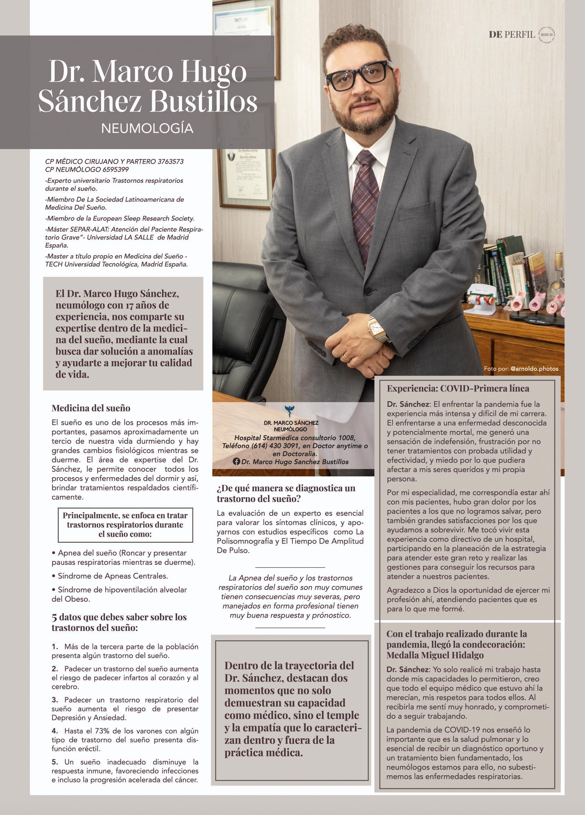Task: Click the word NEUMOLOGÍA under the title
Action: point(147,128)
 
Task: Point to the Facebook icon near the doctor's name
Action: point(236,462)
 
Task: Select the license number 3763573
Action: point(171,162)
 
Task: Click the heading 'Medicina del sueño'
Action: point(91,408)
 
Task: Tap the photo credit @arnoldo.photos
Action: point(535,369)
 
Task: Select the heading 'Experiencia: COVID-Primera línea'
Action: point(458,388)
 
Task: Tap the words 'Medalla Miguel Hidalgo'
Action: point(435,655)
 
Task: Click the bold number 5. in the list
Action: point(55,762)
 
